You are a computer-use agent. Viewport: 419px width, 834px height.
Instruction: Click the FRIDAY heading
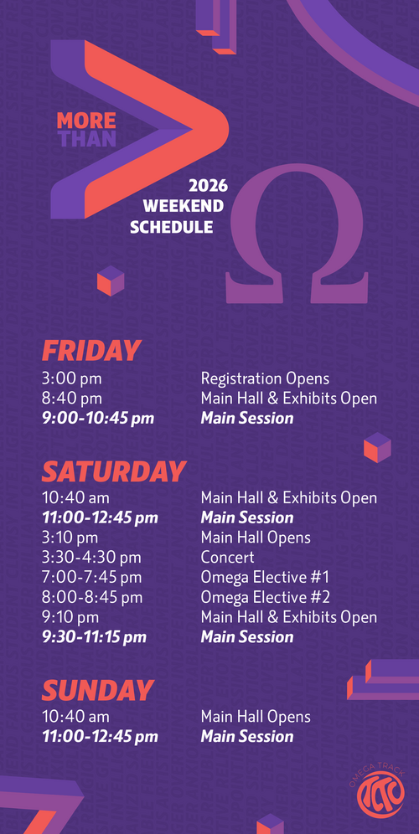point(91,351)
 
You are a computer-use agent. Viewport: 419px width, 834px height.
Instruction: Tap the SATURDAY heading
point(113,471)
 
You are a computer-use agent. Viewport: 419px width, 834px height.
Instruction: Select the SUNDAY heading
point(97,690)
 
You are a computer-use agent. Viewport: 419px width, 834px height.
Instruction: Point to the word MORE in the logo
point(86,121)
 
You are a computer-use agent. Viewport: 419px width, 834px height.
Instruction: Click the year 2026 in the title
point(209,186)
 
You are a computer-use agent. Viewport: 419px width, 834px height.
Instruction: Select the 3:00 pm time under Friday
point(72,379)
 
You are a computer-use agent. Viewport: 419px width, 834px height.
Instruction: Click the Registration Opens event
point(265,379)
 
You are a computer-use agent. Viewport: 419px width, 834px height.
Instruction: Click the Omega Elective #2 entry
point(265,597)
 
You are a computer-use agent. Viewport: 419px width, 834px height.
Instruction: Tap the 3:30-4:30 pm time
point(91,558)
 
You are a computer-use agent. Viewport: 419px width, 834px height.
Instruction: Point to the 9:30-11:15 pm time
point(94,637)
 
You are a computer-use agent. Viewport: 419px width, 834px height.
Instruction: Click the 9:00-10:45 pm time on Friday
point(98,418)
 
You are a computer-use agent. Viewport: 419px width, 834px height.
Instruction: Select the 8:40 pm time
point(72,399)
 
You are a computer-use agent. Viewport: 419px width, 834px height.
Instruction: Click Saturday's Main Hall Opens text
point(256,538)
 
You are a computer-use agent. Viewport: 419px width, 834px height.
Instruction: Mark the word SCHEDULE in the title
point(172,227)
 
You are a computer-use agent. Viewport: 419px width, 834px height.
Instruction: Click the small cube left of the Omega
point(111,281)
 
